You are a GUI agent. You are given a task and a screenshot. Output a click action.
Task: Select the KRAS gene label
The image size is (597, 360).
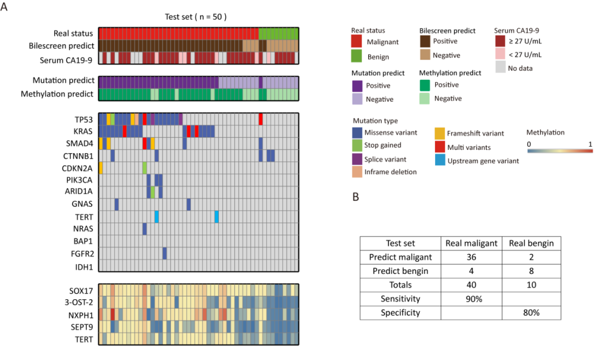tap(82, 131)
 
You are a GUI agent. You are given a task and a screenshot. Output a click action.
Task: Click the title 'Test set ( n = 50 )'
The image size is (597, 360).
tap(196, 17)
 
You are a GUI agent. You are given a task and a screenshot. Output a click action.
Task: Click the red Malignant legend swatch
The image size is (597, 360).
tap(361, 41)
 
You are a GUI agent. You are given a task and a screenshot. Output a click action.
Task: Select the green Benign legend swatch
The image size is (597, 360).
tap(361, 56)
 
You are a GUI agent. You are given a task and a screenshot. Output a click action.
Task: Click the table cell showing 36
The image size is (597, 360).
tap(471, 257)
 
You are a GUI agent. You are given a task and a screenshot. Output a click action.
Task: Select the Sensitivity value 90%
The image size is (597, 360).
tap(471, 299)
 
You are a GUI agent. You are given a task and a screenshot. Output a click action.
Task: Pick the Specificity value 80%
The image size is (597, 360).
tap(531, 312)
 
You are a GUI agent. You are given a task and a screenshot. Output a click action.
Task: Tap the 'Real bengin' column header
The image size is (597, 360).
tap(531, 243)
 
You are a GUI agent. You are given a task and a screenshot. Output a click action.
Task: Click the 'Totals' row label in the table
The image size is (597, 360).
tap(401, 285)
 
